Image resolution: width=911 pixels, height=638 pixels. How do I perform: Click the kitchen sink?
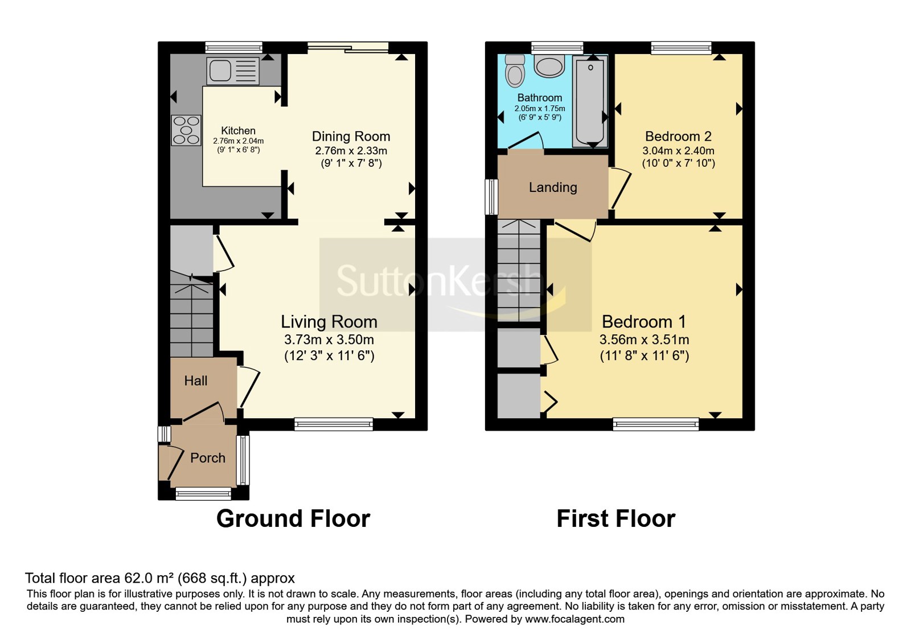pyautogui.click(x=233, y=71)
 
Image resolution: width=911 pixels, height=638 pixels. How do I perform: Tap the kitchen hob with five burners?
pyautogui.click(x=186, y=130)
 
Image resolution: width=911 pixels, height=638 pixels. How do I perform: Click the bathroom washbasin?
pyautogui.click(x=549, y=67)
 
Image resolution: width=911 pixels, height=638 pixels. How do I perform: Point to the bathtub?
pyautogui.click(x=590, y=101)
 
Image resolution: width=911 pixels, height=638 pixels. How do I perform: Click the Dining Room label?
pyautogui.click(x=351, y=136)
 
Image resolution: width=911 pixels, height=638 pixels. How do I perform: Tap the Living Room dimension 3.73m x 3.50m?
pyautogui.click(x=329, y=340)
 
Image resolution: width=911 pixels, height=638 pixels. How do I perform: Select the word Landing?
pyautogui.click(x=553, y=187)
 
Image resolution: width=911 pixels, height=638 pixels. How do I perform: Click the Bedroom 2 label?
pyautogui.click(x=678, y=136)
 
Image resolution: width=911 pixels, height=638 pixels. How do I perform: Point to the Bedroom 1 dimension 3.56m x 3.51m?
pyautogui.click(x=645, y=340)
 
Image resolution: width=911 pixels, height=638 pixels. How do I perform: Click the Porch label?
pyautogui.click(x=208, y=458)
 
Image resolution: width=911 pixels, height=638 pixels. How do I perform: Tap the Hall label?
pyautogui.click(x=196, y=381)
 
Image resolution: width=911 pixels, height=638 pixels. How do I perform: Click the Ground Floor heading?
pyautogui.click(x=293, y=519)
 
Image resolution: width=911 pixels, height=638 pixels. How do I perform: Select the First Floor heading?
pyautogui.click(x=616, y=519)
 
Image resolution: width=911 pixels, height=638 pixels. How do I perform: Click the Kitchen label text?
pyautogui.click(x=239, y=130)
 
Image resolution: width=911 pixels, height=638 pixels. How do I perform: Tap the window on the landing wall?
pyautogui.click(x=492, y=197)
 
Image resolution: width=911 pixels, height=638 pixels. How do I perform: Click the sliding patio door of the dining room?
pyautogui.click(x=348, y=47)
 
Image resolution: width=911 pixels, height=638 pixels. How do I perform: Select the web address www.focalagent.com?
pyautogui.click(x=574, y=619)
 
